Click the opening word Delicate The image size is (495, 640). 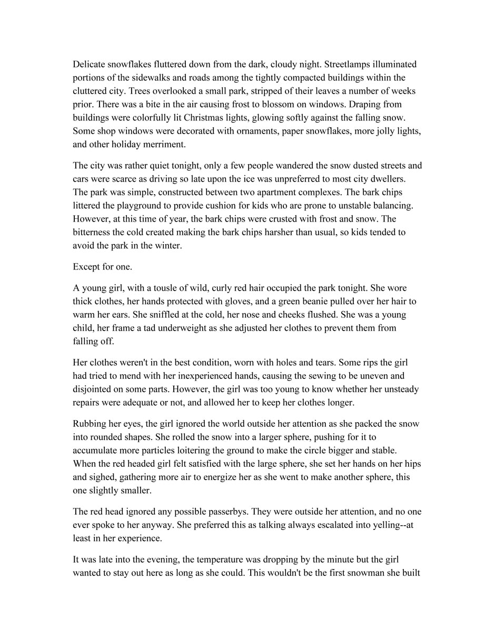coord(89,64)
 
